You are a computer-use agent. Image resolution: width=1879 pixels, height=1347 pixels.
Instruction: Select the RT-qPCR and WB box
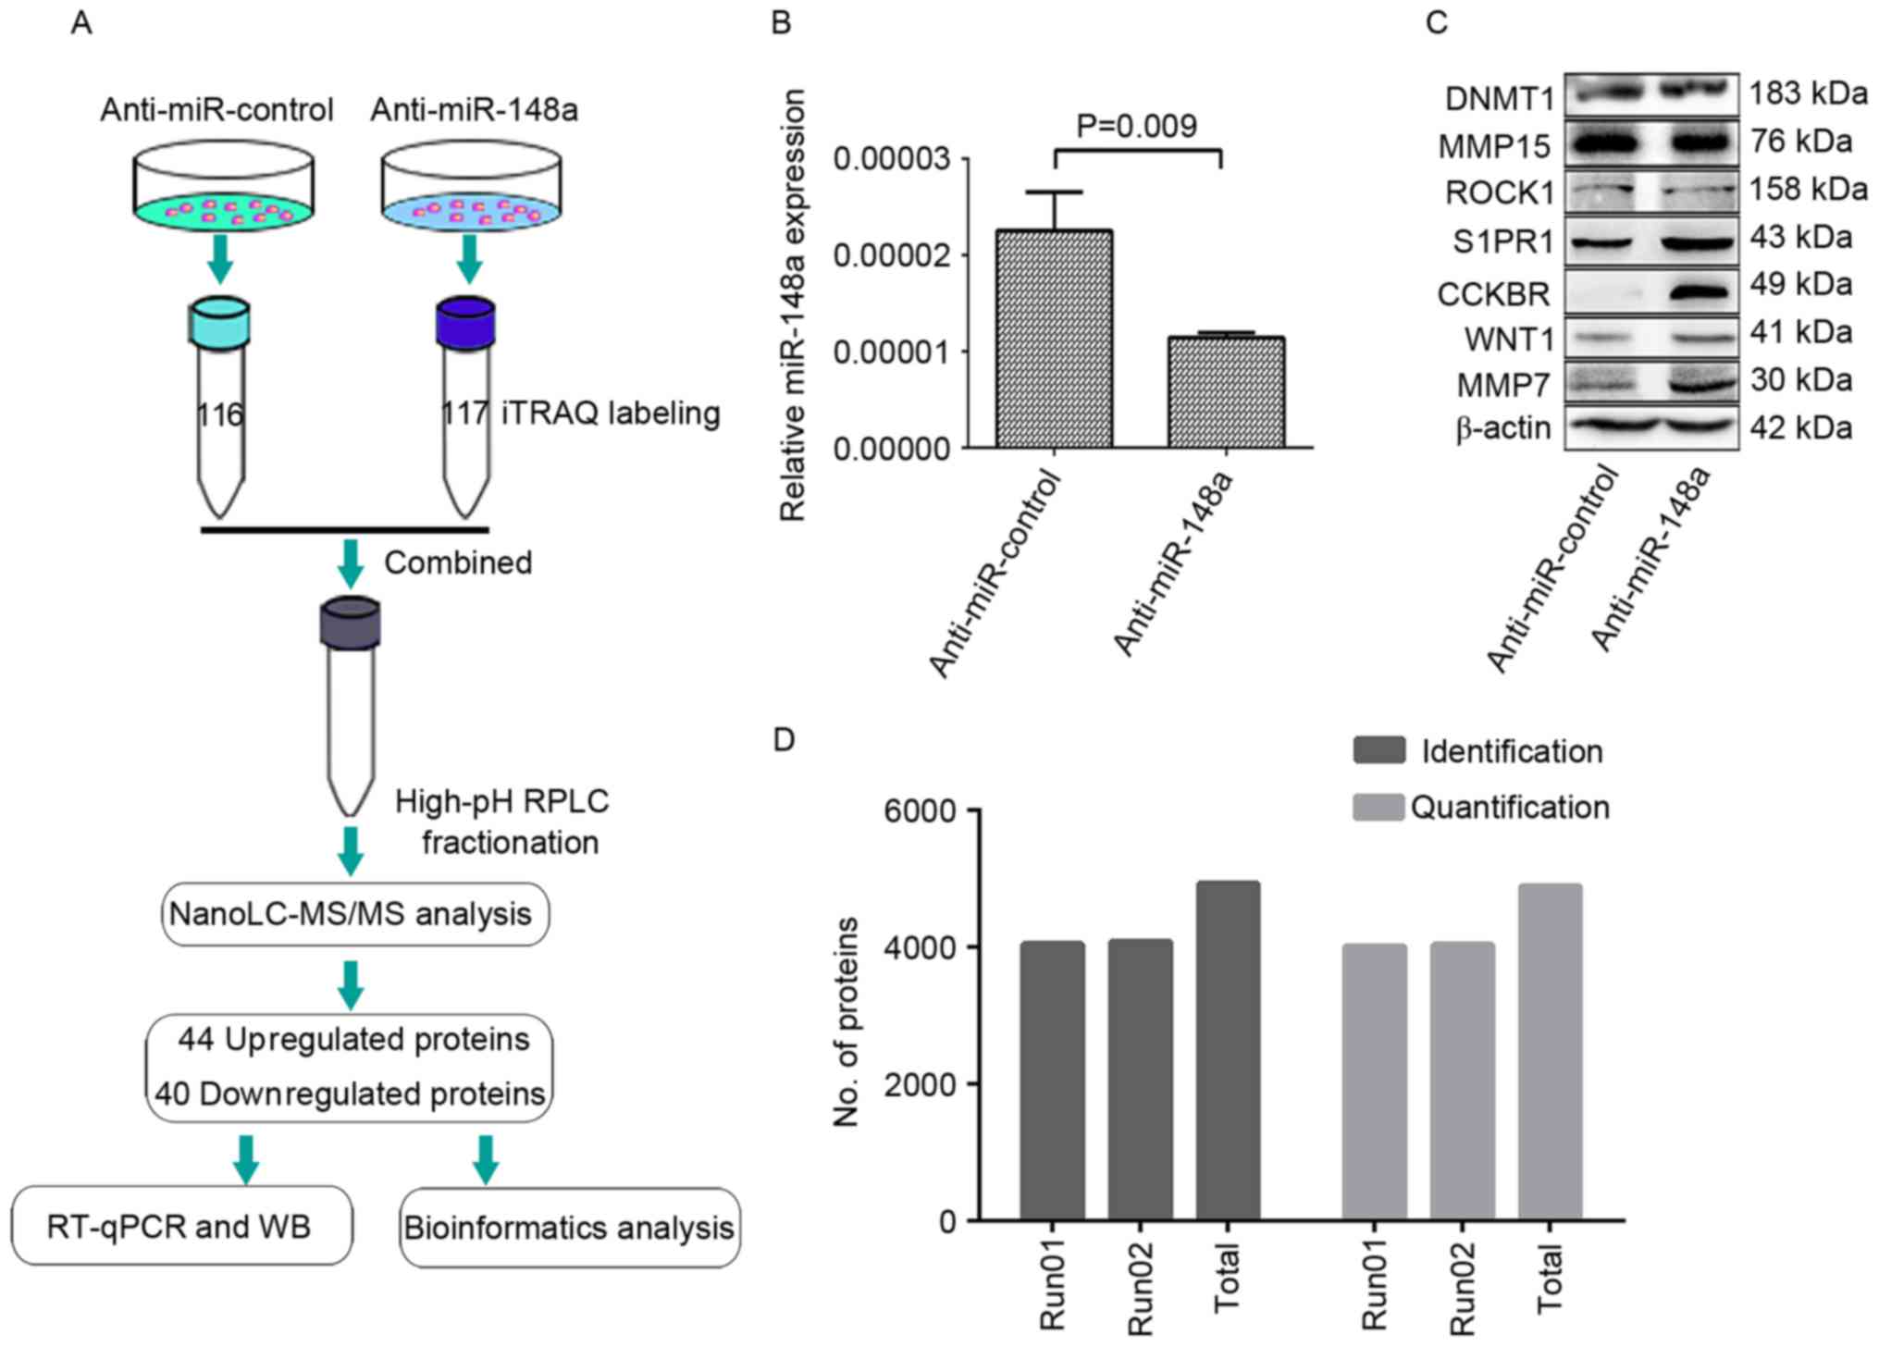[x=181, y=1227]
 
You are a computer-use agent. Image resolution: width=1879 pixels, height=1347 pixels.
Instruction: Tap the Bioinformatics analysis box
[x=569, y=1228]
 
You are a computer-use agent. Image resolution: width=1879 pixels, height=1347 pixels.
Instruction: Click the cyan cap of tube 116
[x=219, y=321]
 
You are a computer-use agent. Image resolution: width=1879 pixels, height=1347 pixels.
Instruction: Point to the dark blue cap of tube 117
[x=465, y=321]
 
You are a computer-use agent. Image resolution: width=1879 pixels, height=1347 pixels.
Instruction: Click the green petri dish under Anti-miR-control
[x=222, y=211]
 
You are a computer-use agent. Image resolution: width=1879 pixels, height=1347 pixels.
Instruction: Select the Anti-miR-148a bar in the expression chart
[x=1226, y=392]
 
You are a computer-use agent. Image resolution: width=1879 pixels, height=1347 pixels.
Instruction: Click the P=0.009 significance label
[x=1137, y=126]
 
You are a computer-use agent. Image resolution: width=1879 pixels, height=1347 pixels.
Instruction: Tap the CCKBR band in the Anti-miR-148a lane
[x=1697, y=293]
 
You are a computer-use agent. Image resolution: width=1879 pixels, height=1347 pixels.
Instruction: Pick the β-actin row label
[x=1502, y=428]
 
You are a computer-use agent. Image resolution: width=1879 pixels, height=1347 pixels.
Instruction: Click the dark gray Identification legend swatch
[x=1378, y=750]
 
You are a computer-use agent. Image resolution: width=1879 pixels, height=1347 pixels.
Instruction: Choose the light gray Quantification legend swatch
[x=1378, y=807]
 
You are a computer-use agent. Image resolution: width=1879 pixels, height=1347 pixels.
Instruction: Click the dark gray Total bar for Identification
[x=1228, y=1050]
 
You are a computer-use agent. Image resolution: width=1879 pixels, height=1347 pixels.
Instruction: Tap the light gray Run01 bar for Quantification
[x=1374, y=1081]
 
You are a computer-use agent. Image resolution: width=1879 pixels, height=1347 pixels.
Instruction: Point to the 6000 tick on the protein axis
[x=920, y=810]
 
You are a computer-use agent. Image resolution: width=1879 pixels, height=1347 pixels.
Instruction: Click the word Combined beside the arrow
[x=458, y=562]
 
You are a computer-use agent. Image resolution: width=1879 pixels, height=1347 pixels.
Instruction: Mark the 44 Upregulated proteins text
[x=354, y=1040]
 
